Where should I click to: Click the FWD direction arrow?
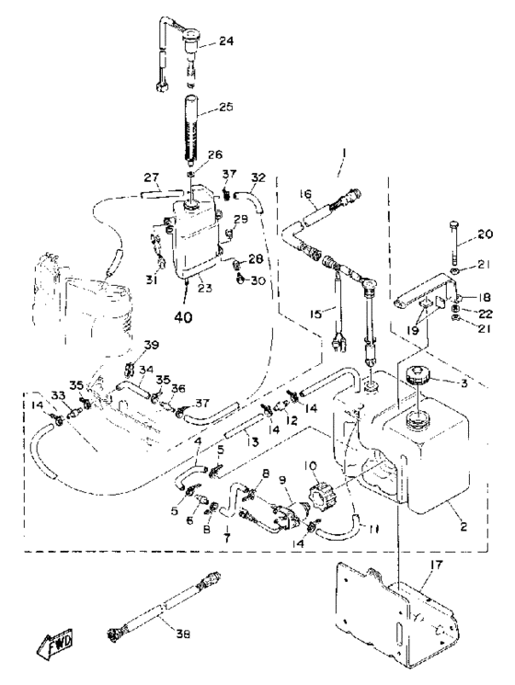[x=55, y=640]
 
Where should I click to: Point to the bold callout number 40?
[x=183, y=316]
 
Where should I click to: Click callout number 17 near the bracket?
[x=436, y=565]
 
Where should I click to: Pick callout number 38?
[x=183, y=634]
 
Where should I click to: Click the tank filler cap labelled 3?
[x=418, y=375]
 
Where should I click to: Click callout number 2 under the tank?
[x=463, y=527]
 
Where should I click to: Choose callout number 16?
[x=305, y=193]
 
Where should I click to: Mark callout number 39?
[x=152, y=346]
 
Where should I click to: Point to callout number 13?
[x=252, y=442]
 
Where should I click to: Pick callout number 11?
[x=372, y=529]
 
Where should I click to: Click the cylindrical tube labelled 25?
[x=190, y=131]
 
